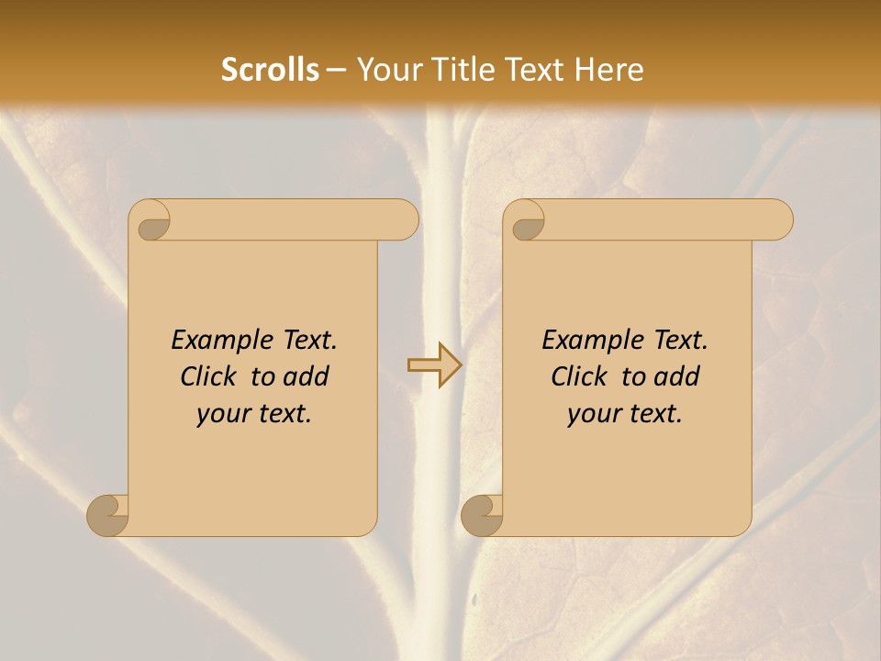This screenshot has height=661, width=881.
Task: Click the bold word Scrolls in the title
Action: point(270,70)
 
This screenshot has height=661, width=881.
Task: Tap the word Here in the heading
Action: point(609,70)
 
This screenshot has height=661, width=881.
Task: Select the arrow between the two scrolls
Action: point(434,365)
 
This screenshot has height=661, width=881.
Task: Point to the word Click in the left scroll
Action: point(210,376)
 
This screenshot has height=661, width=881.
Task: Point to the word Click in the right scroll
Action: point(580,376)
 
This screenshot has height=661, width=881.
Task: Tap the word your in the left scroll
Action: point(221,414)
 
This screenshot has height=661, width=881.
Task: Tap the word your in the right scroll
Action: point(592,414)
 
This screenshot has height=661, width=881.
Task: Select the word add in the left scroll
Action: point(307,376)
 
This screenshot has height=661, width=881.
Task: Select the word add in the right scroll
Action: point(678,376)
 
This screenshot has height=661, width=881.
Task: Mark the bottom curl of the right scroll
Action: point(482,515)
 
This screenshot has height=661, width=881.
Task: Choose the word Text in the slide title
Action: point(542,70)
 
